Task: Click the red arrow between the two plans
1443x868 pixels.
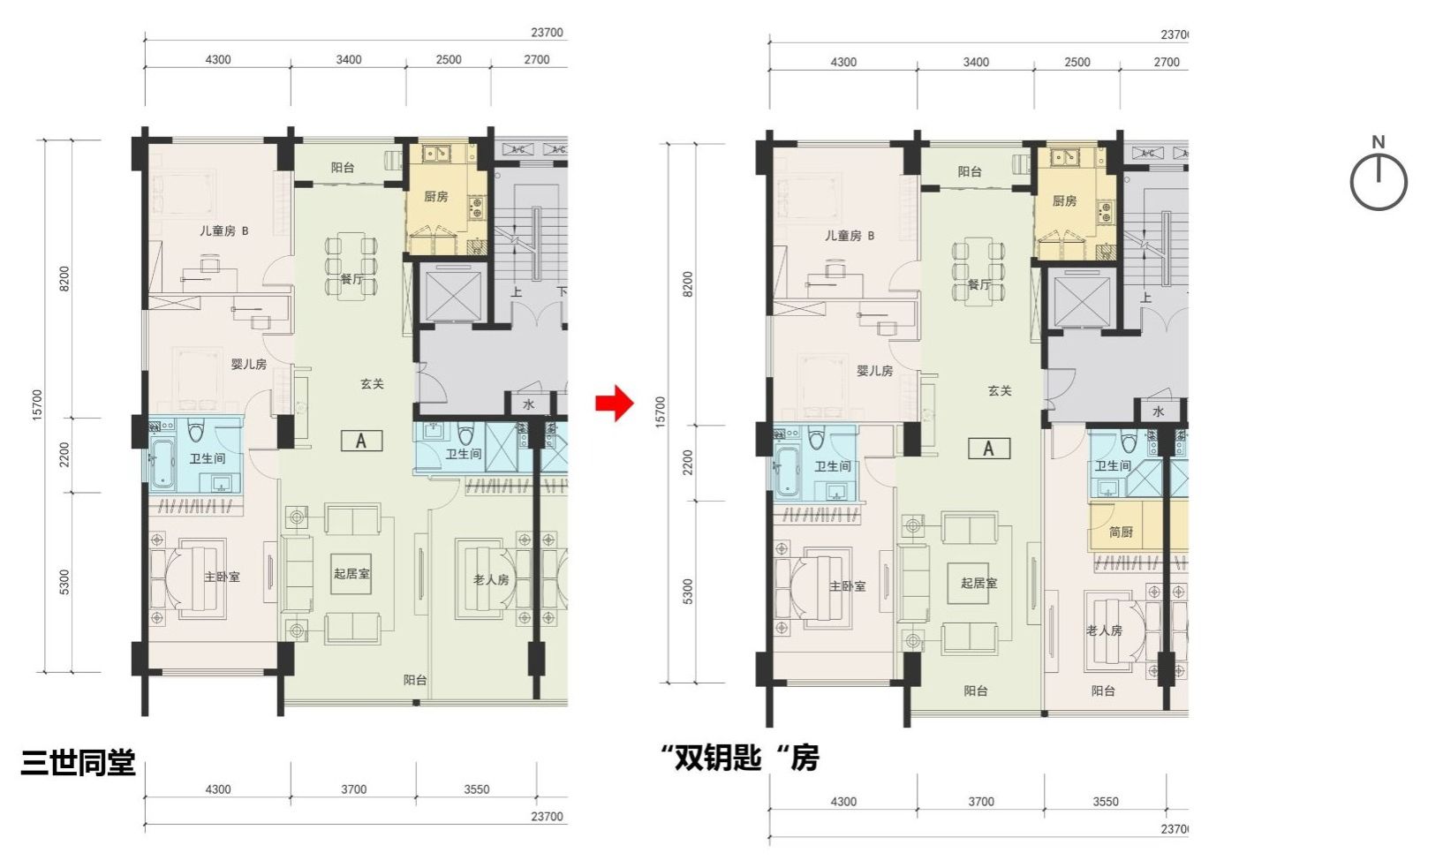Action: coord(616,403)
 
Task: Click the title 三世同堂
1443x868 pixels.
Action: coord(78,763)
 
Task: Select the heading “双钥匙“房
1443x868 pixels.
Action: coord(739,758)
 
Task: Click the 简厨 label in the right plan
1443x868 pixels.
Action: coord(1121,532)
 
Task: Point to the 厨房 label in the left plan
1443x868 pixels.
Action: coord(436,196)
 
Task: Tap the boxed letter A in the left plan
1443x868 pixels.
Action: coord(361,442)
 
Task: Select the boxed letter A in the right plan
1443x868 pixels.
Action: coord(989,449)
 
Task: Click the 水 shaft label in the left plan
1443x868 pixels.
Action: coord(528,404)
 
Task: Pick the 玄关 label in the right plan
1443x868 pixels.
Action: coord(999,391)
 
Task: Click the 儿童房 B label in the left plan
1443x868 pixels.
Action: coord(223,230)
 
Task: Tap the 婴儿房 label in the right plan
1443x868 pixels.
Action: coord(875,371)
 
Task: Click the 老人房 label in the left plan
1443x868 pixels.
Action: coord(491,579)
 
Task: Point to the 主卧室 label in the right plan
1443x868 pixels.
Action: coord(848,586)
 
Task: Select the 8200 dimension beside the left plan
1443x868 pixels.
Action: coord(64,279)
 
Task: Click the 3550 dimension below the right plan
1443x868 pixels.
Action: coord(1106,802)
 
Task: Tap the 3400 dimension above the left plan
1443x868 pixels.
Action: coord(349,59)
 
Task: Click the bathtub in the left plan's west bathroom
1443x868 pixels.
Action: coord(163,463)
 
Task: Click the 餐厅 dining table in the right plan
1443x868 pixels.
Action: coord(978,270)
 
